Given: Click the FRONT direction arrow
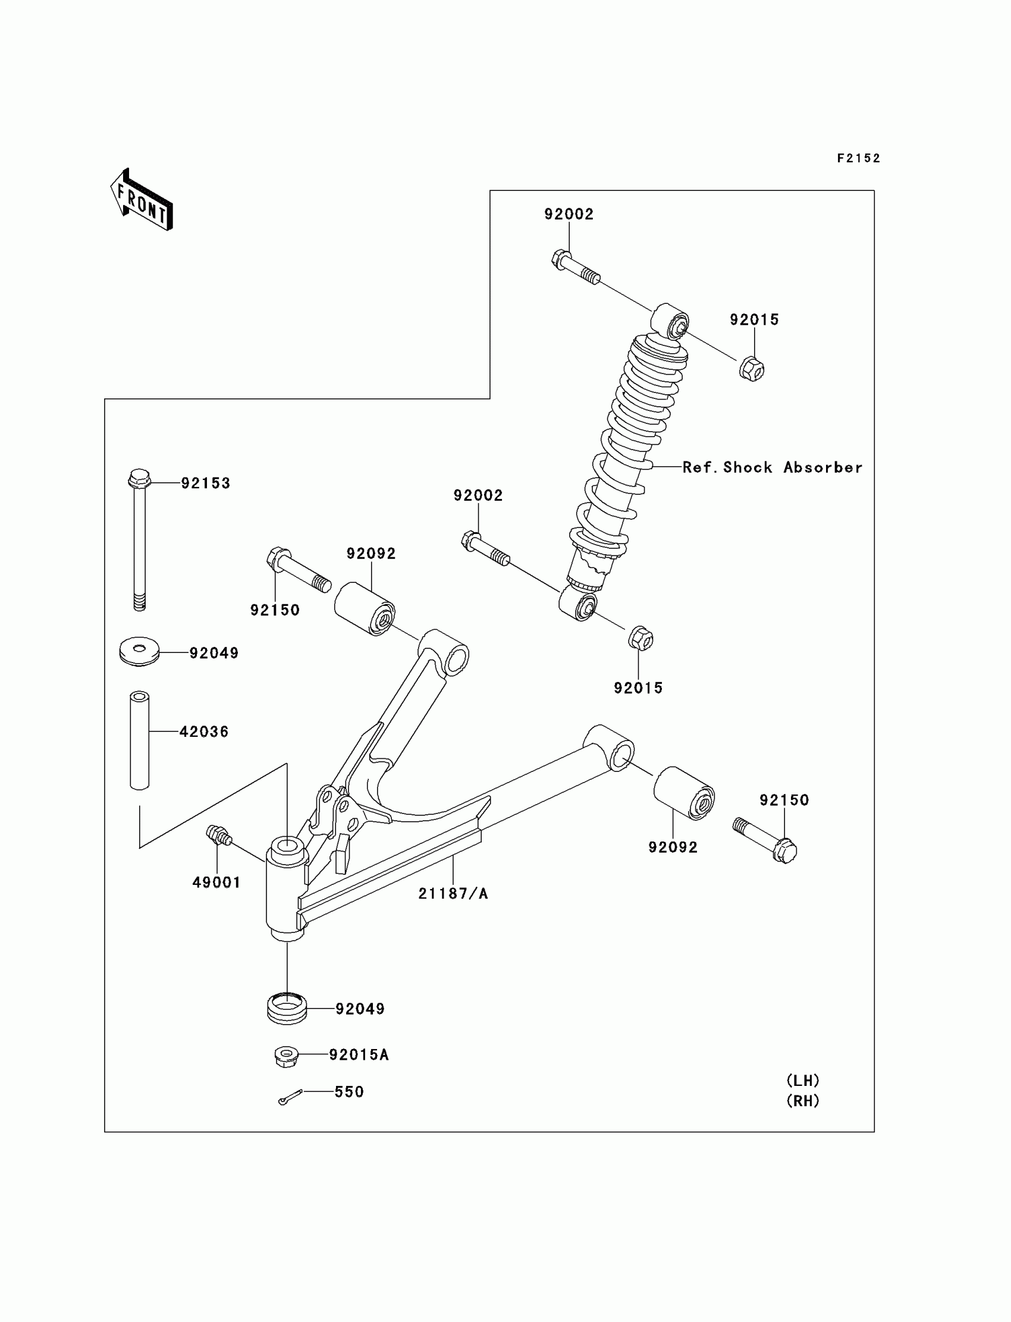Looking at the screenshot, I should tap(142, 201).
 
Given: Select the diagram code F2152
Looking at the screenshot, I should tap(858, 158).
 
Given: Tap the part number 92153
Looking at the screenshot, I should tap(206, 483).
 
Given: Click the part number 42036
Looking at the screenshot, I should tap(204, 731).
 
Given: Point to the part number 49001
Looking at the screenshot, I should tap(216, 882).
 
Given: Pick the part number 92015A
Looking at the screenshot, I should tap(359, 1055).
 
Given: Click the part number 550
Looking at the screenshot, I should tap(349, 1091).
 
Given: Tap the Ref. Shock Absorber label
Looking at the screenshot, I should tap(772, 467).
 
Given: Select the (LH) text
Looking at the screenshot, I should tap(803, 1080).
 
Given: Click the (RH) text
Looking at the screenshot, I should tap(803, 1101).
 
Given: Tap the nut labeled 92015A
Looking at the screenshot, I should tap(287, 1057).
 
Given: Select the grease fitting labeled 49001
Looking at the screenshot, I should tap(218, 834).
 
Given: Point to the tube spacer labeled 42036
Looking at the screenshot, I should tap(140, 740).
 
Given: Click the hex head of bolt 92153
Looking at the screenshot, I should tap(139, 478).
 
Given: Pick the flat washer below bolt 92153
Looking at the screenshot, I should tap(139, 651).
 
